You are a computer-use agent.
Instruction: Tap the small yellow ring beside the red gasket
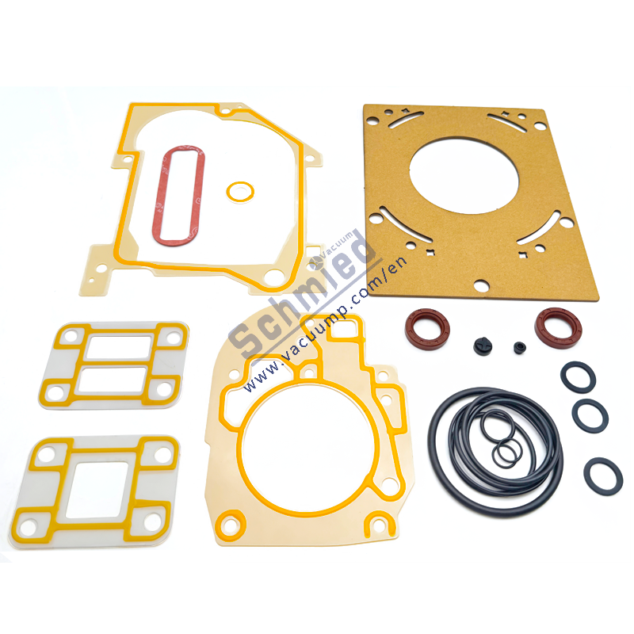click(239, 191)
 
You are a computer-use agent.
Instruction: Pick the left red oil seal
click(426, 328)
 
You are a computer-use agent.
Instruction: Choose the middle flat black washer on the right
click(590, 414)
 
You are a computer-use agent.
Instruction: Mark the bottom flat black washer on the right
click(603, 475)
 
